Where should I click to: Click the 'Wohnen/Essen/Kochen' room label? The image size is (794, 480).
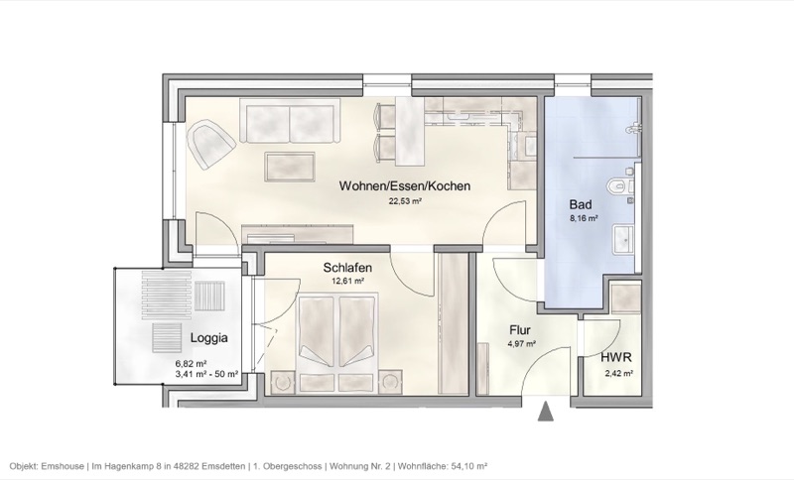point(404,185)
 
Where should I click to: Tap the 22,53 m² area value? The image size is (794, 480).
point(405,199)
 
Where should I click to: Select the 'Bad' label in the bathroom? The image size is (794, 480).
point(581,205)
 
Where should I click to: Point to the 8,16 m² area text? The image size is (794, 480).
point(582,219)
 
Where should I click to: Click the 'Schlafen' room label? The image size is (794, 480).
point(347,268)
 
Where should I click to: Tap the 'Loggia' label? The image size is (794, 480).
point(209,337)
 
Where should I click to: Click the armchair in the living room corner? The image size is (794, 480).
point(211,144)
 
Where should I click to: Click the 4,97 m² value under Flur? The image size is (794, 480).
point(522,345)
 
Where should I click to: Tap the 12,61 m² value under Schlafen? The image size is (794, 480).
point(347,281)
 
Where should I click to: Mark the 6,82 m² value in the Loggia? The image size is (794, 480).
point(190,364)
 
